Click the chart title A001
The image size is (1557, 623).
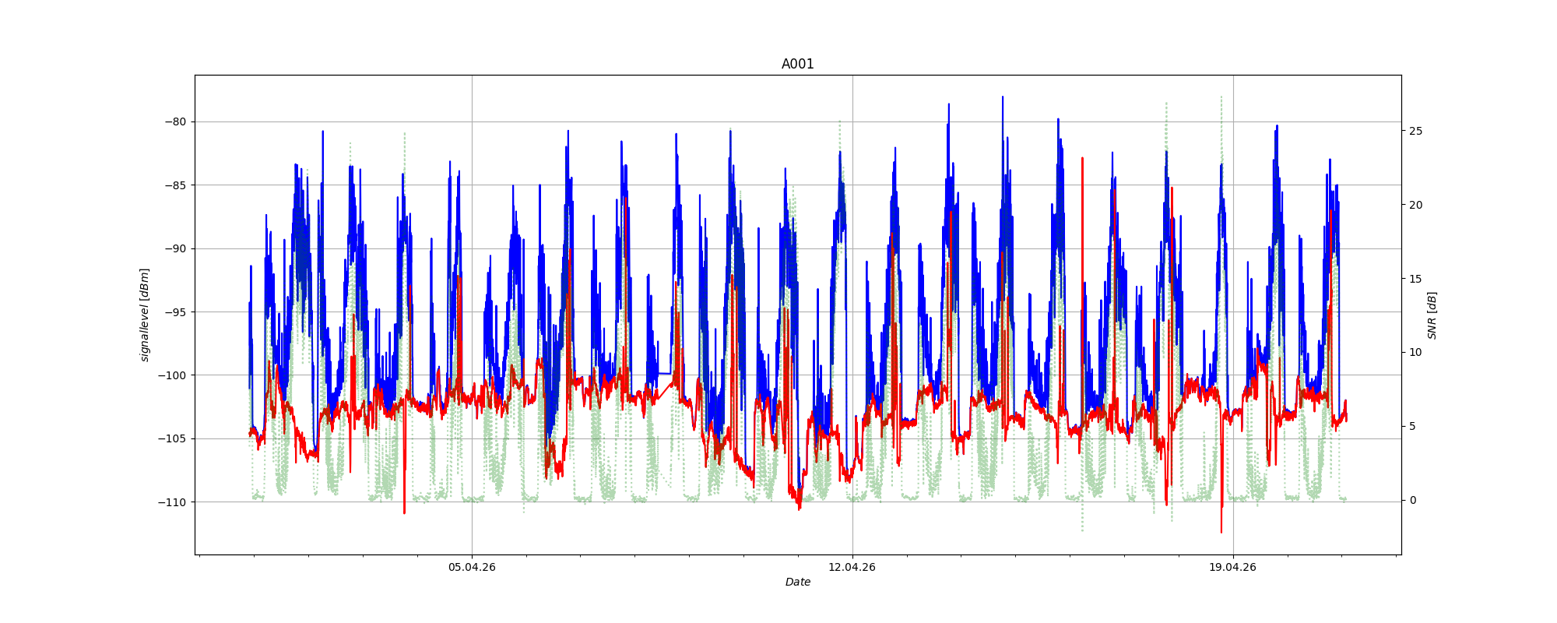pos(797,64)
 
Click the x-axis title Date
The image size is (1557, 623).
pos(797,582)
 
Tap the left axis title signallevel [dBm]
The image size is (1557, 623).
pos(145,315)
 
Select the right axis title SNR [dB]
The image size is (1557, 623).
pos(1432,315)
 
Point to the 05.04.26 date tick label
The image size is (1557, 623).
pos(472,567)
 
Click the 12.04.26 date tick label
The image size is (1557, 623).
pos(852,567)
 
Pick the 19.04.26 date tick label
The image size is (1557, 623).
pos(1232,567)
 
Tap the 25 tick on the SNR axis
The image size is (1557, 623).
pos(1415,131)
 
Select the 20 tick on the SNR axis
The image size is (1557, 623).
pos(1415,205)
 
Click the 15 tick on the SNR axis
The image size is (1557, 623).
pos(1415,279)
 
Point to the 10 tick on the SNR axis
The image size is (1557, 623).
pos(1415,352)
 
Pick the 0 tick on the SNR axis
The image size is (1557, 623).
pos(1412,500)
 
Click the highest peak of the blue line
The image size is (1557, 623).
pos(1003,97)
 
